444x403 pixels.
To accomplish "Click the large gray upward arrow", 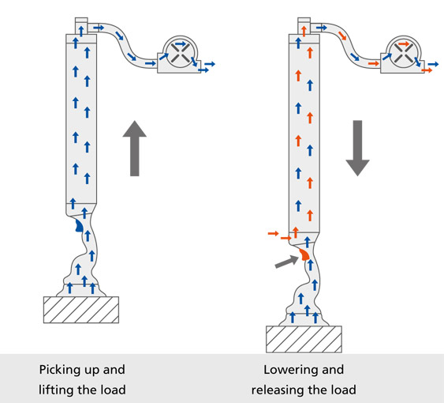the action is pyautogui.click(x=135, y=148).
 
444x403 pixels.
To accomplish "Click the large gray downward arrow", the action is pyautogui.click(x=357, y=148).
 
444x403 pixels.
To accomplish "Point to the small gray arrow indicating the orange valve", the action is pyautogui.click(x=287, y=262).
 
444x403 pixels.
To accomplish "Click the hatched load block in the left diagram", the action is pyautogui.click(x=81, y=310).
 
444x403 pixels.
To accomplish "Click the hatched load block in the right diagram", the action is pyautogui.click(x=304, y=340).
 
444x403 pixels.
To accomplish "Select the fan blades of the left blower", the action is pyautogui.click(x=180, y=54).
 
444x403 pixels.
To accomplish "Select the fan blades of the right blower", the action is pyautogui.click(x=403, y=54).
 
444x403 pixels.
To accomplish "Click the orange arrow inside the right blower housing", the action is pyautogui.click(x=404, y=44).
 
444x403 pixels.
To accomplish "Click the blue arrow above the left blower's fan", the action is pyautogui.click(x=181, y=44).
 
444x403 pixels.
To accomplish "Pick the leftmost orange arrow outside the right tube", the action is pyautogui.click(x=273, y=234).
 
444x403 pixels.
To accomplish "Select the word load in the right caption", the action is pyautogui.click(x=343, y=390).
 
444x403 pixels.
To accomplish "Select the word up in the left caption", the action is pyautogui.click(x=91, y=371).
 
